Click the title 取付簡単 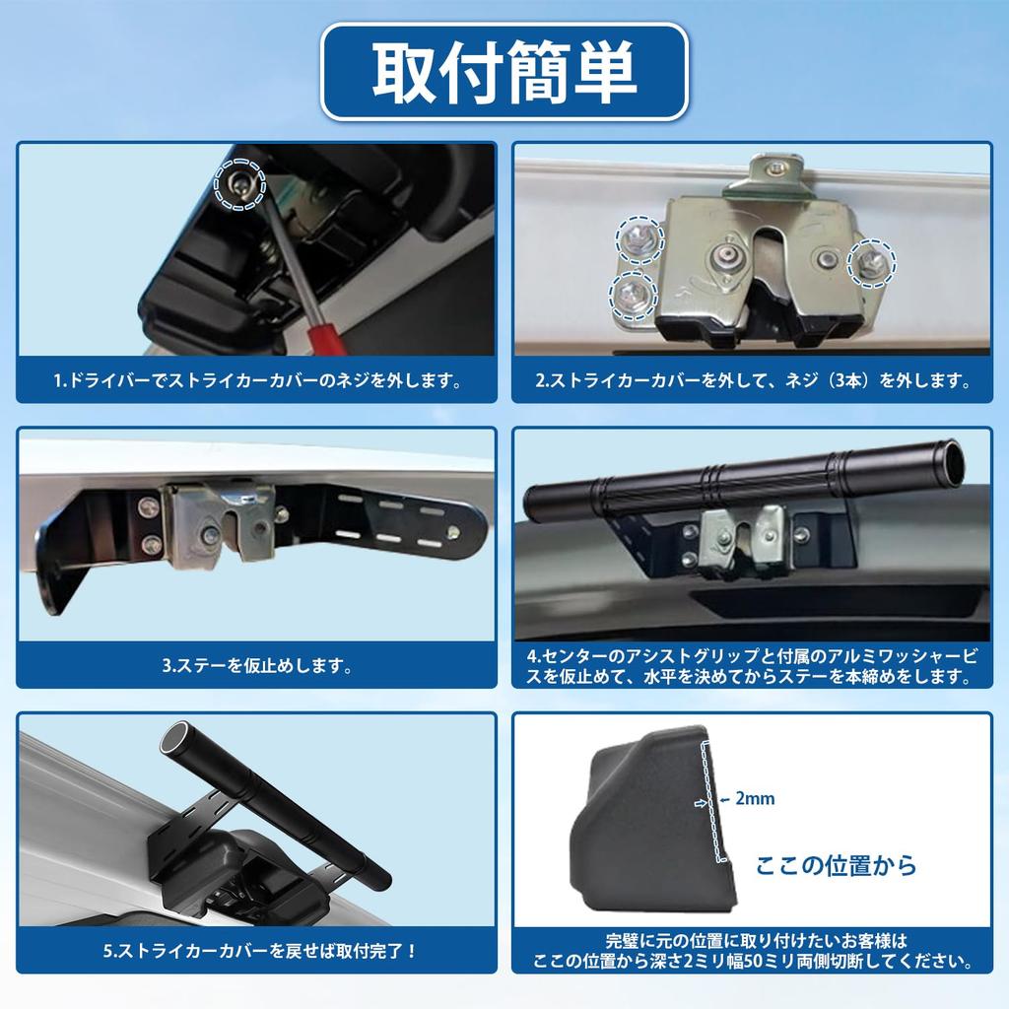click(504, 72)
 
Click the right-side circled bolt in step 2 click(872, 260)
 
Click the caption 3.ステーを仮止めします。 click(257, 665)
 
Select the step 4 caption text click(752, 665)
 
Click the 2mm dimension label click(755, 799)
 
